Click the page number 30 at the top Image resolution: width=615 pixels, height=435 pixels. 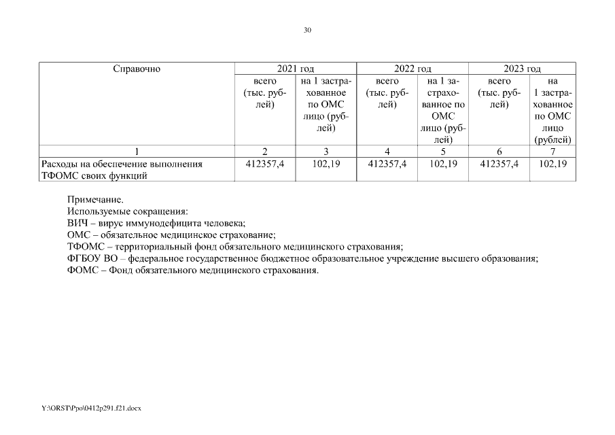307,30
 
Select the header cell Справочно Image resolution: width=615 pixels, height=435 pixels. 137,69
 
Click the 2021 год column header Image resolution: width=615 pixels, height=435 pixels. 296,69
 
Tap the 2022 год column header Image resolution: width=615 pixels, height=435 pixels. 412,69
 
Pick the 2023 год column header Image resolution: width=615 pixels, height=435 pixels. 522,69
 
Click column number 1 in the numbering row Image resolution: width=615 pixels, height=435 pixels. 137,151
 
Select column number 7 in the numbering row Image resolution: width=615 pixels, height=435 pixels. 552,151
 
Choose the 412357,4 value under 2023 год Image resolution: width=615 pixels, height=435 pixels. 499,164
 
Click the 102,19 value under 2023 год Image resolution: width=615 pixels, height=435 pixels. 552,164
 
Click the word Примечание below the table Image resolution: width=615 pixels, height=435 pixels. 95,201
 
